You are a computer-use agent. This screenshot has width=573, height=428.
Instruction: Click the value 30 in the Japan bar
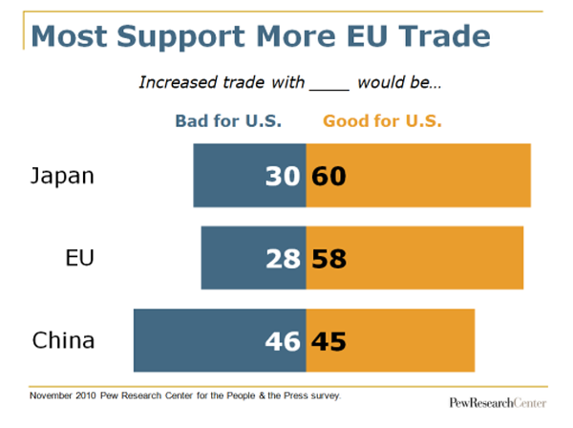[x=284, y=176]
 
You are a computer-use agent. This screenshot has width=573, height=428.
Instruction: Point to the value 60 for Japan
[x=329, y=176]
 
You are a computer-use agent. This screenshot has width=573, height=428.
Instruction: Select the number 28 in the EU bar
[x=284, y=258]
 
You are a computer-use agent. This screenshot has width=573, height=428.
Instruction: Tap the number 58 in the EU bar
[x=329, y=258]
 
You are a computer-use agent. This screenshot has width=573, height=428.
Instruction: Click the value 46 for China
[x=284, y=340]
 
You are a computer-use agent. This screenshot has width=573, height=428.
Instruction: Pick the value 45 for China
[x=329, y=340]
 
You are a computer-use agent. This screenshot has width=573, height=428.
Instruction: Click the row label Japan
[x=63, y=177]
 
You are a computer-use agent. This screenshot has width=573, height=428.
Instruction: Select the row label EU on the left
[x=78, y=258]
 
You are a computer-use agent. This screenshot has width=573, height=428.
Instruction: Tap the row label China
[x=63, y=340]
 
